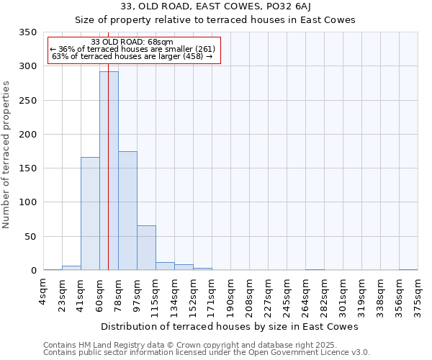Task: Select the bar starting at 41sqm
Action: pyautogui.click(x=90, y=214)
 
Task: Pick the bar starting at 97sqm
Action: pyautogui.click(x=146, y=248)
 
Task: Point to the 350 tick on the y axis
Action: pyautogui.click(x=28, y=33)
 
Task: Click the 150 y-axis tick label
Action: pyautogui.click(x=28, y=168)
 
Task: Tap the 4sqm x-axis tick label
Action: pyautogui.click(x=43, y=292)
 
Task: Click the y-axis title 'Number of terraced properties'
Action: pyautogui.click(x=6, y=155)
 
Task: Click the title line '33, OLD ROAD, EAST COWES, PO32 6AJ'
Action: pyautogui.click(x=215, y=7)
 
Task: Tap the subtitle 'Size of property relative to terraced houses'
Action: pyautogui.click(x=215, y=20)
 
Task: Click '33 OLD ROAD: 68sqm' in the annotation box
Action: pyautogui.click(x=132, y=42)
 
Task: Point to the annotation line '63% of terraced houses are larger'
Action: pyautogui.click(x=132, y=56)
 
